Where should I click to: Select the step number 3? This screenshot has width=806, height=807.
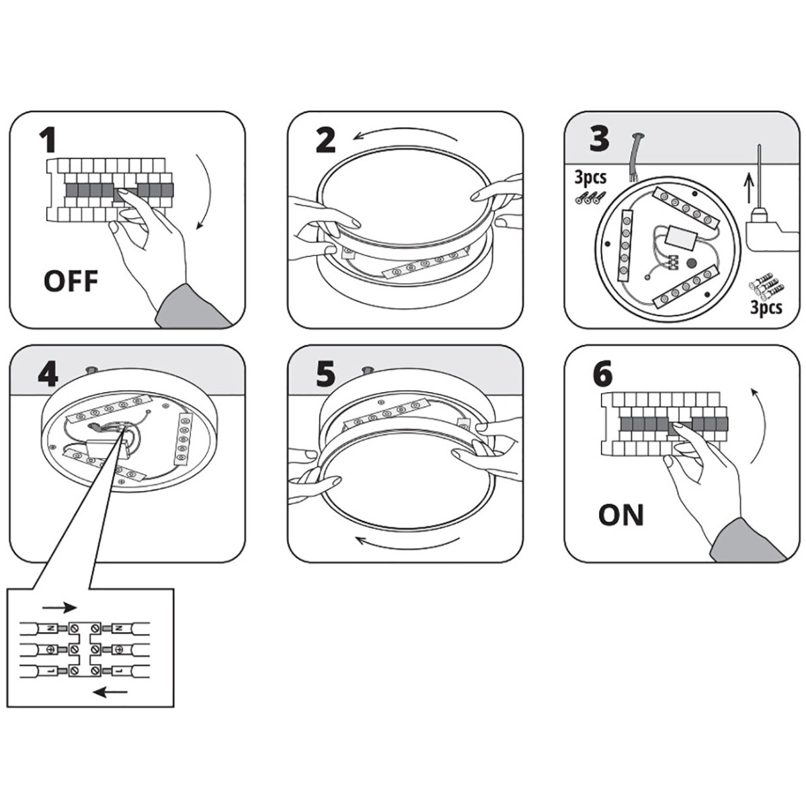click(x=599, y=139)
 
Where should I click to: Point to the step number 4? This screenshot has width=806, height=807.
click(x=48, y=374)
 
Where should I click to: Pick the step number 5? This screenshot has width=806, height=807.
click(x=325, y=374)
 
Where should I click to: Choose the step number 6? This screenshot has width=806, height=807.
click(x=603, y=375)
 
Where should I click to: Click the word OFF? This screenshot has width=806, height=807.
click(x=71, y=280)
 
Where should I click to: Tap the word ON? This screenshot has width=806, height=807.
click(x=620, y=516)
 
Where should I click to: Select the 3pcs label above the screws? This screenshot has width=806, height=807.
click(x=590, y=178)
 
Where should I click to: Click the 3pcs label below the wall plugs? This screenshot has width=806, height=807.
click(x=766, y=307)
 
